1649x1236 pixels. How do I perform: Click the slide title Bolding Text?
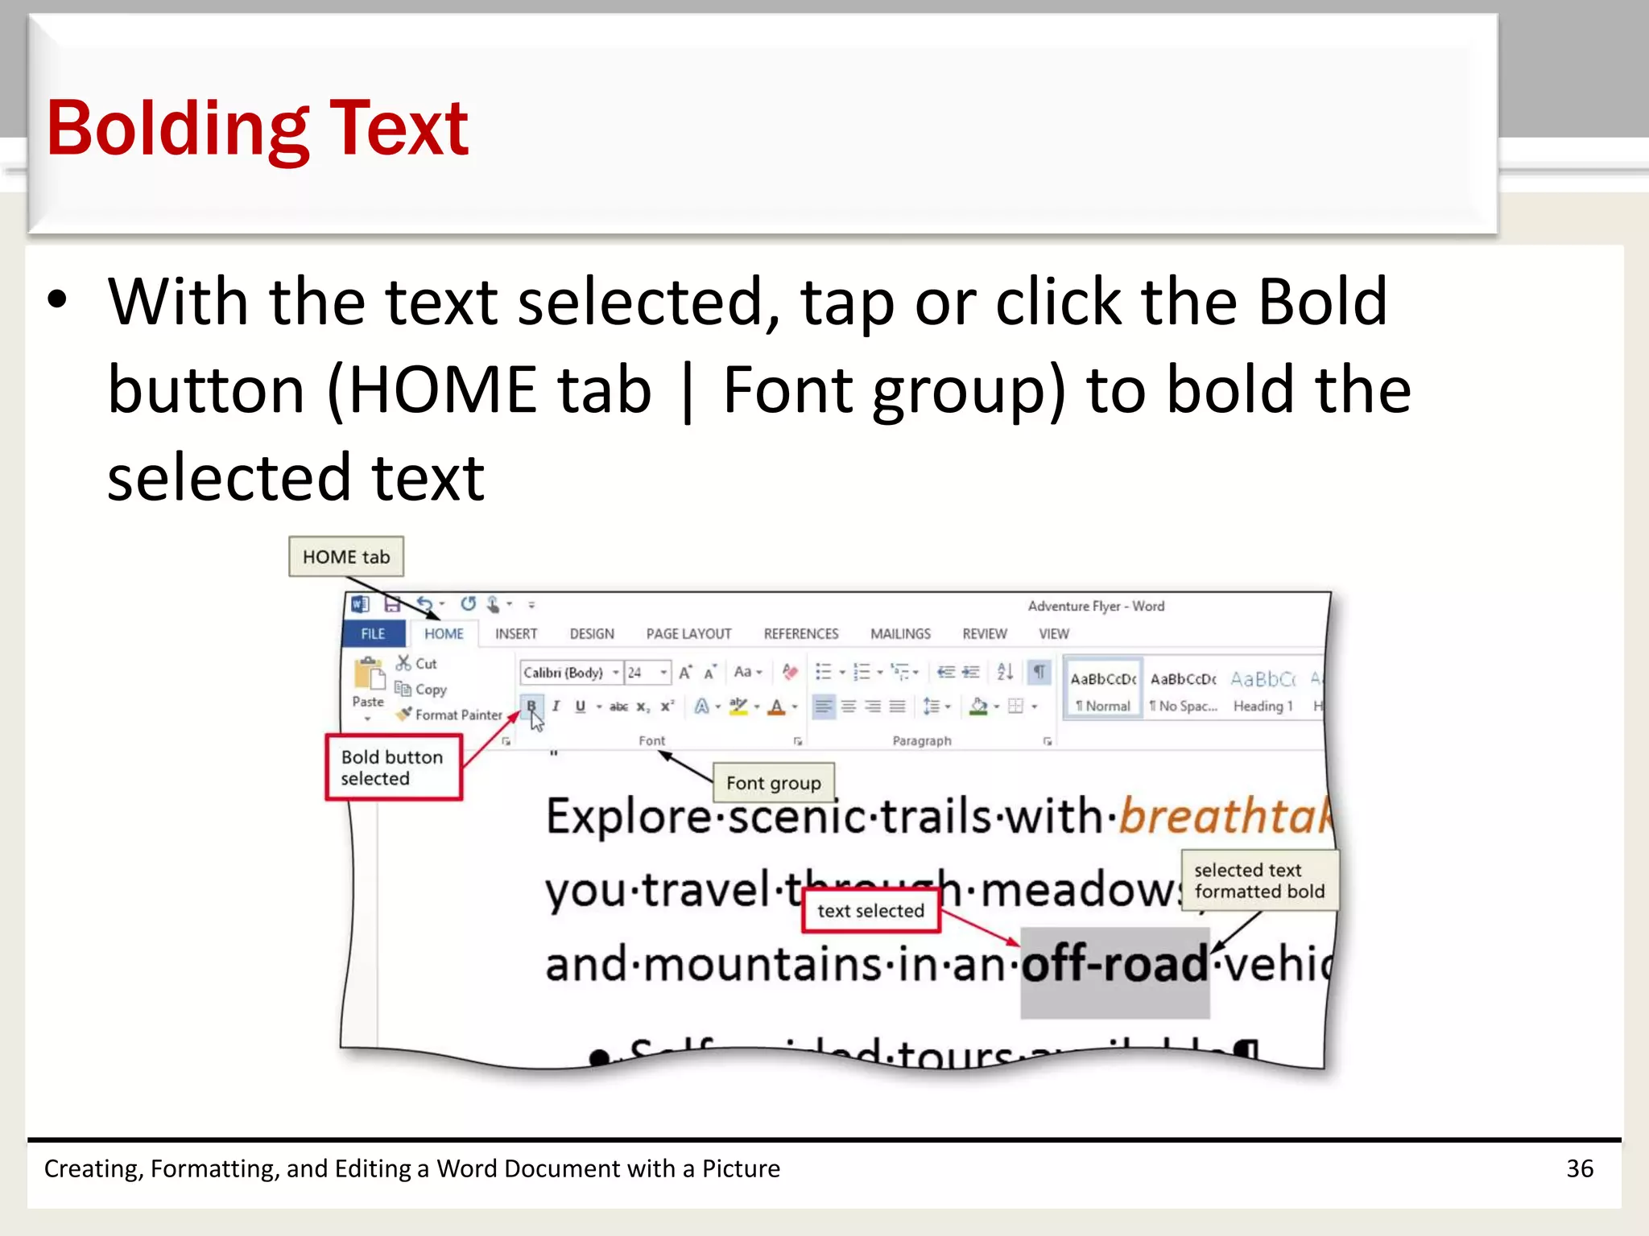pyautogui.click(x=258, y=128)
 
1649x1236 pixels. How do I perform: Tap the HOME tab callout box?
pyautogui.click(x=345, y=557)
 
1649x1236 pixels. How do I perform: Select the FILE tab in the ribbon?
pyautogui.click(x=373, y=634)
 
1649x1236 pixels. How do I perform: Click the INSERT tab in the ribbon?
pyautogui.click(x=516, y=634)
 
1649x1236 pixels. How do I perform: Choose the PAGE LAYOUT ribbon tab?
pyautogui.click(x=688, y=634)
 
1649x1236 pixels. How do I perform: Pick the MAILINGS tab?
pyautogui.click(x=900, y=634)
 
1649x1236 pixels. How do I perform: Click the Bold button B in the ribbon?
pyautogui.click(x=531, y=707)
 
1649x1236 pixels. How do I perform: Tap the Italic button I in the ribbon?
pyautogui.click(x=556, y=707)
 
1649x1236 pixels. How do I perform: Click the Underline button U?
pyautogui.click(x=581, y=707)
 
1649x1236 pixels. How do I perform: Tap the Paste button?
pyautogui.click(x=369, y=684)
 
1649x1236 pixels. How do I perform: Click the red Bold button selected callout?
pyautogui.click(x=393, y=768)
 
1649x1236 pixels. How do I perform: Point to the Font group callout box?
pyautogui.click(x=773, y=783)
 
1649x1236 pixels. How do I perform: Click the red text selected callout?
pyautogui.click(x=870, y=911)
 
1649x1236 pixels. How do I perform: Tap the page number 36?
pyautogui.click(x=1579, y=1168)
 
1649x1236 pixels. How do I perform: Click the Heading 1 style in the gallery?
pyautogui.click(x=1263, y=693)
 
